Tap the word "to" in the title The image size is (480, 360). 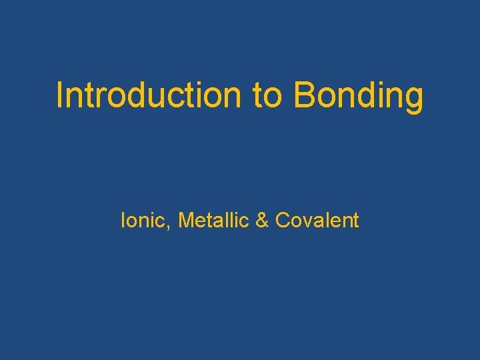pyautogui.click(x=269, y=95)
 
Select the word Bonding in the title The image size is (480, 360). pyautogui.click(x=358, y=96)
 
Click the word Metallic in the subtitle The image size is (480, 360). pyautogui.click(x=213, y=220)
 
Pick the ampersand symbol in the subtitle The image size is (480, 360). pyautogui.click(x=262, y=220)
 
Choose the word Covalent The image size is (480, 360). pyautogui.click(x=317, y=220)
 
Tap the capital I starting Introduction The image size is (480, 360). pyautogui.click(x=59, y=95)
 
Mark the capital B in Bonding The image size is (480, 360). pyautogui.click(x=304, y=95)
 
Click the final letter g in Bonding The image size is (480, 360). pyautogui.click(x=414, y=99)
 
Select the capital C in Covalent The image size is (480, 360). pyautogui.click(x=282, y=220)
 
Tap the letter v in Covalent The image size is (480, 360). pyautogui.click(x=305, y=221)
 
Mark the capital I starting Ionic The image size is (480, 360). pyautogui.click(x=123, y=220)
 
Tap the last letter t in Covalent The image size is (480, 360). pyautogui.click(x=355, y=221)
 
